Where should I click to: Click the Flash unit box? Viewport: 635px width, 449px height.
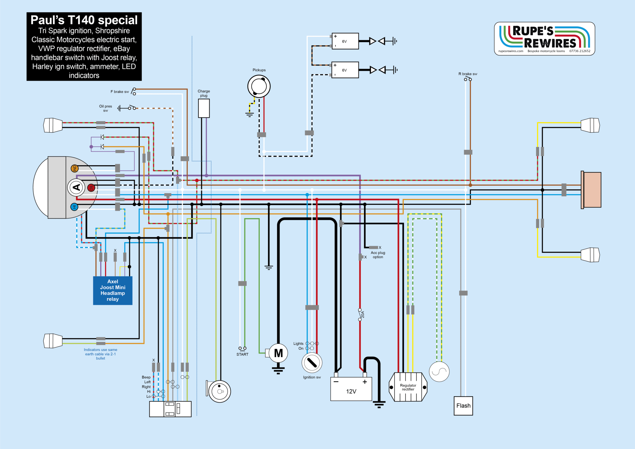coord(463,406)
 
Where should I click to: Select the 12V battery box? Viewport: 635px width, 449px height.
coord(351,389)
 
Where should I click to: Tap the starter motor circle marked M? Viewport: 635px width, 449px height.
coord(278,353)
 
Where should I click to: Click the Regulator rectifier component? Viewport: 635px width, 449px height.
coord(408,387)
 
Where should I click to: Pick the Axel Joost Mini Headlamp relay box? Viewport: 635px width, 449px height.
coord(113,290)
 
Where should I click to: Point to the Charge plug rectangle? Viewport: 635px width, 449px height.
coord(204,108)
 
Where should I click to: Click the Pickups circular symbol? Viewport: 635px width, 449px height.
coord(259,86)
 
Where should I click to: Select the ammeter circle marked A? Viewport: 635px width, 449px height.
coord(76,187)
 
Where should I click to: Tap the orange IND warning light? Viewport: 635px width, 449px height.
coord(74,168)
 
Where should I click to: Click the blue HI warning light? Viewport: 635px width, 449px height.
coord(74,207)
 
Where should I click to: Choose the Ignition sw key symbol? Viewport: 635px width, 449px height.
coord(312,362)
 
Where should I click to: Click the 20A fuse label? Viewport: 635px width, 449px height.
coord(363,314)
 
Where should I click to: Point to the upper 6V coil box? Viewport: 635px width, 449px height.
coord(345,41)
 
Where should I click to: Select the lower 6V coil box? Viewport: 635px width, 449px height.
coord(345,70)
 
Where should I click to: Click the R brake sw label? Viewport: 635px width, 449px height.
coord(468,74)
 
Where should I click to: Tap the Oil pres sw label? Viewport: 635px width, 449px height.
coord(105,108)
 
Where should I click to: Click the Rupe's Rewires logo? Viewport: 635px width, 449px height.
coord(544,39)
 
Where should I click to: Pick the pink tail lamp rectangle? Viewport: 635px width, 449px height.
coord(592,190)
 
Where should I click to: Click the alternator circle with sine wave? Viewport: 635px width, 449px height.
coord(439,371)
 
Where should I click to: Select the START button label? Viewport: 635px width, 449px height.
coord(242,354)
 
